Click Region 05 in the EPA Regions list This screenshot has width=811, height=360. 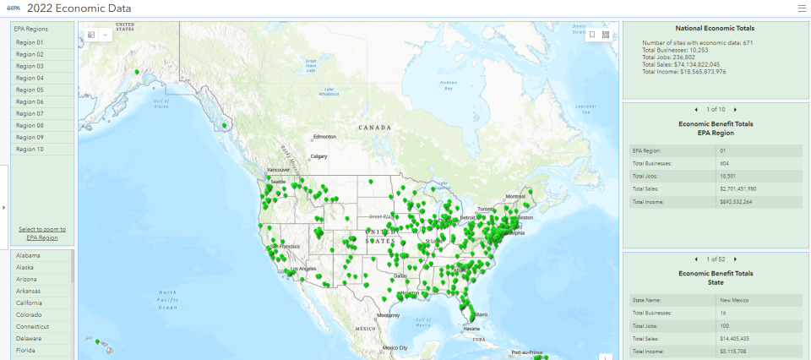tap(30, 90)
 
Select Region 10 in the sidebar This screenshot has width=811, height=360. tap(30, 149)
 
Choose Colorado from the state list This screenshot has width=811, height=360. tap(29, 314)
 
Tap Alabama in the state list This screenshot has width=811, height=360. tap(28, 255)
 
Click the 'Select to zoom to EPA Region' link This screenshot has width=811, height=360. tap(42, 233)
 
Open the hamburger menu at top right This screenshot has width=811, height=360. tap(802, 8)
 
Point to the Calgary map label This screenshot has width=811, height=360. tap(319, 156)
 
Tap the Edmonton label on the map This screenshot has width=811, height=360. tap(325, 136)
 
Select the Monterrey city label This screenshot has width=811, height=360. tap(389, 314)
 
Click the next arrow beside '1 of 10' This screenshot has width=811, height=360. tap(736, 110)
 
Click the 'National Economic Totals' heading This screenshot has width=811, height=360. tap(715, 29)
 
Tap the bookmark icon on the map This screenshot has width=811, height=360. tap(592, 35)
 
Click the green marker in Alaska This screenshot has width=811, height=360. tap(137, 73)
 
